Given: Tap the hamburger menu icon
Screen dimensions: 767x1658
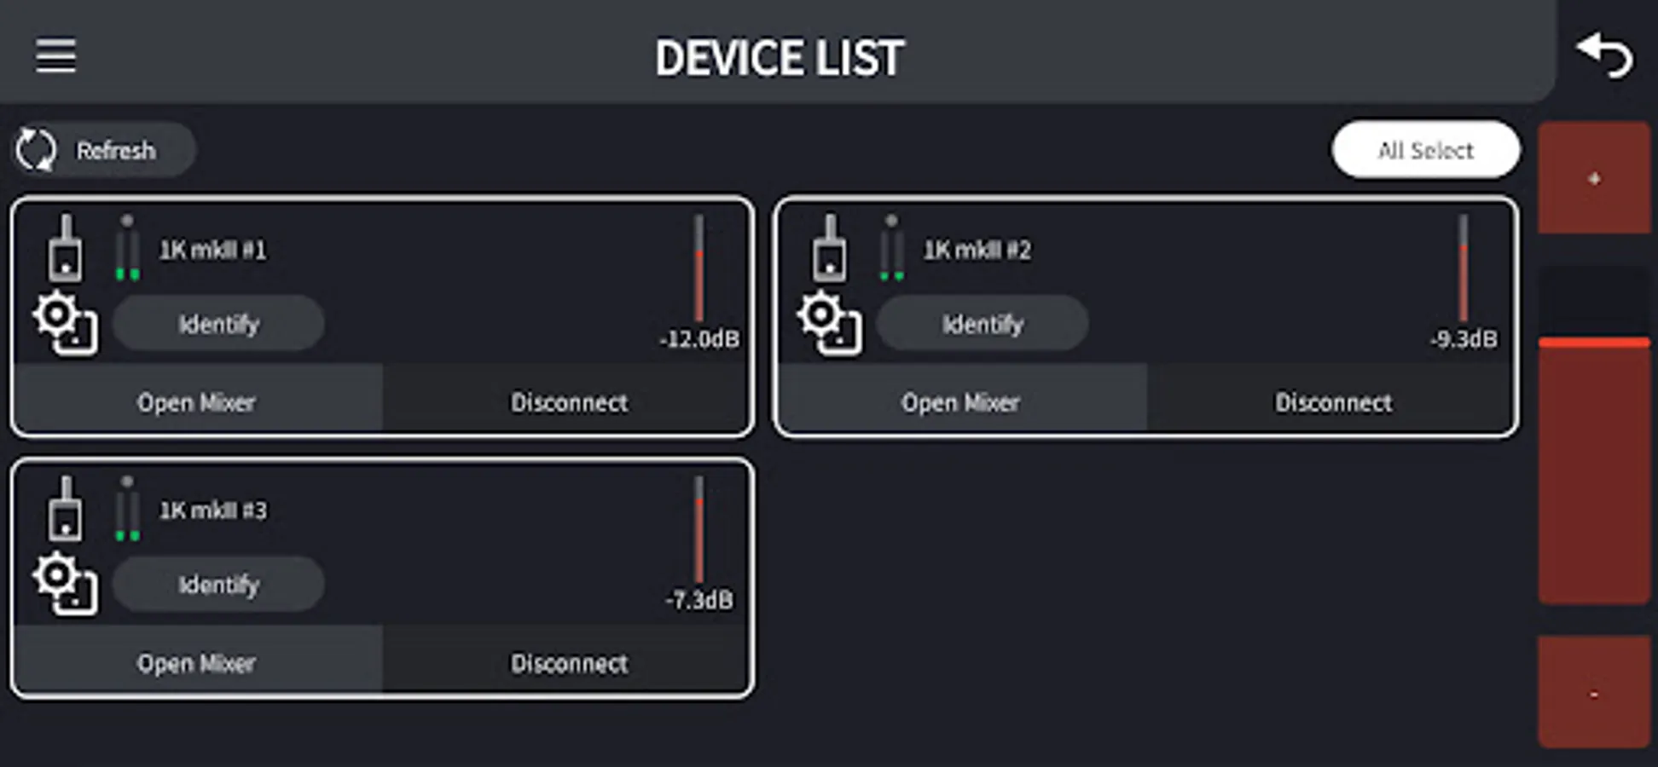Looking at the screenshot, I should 55,56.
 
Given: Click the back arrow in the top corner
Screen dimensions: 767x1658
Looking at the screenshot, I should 1604,56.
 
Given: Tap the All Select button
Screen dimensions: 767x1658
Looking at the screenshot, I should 1425,150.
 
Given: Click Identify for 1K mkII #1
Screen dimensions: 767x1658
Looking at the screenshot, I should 218,324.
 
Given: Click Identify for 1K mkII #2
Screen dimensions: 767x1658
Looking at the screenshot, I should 983,324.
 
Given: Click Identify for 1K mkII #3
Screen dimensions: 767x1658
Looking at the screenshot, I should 218,585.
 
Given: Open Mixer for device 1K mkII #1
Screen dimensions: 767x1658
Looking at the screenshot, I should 197,402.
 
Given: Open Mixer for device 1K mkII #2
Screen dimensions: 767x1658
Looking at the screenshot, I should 961,402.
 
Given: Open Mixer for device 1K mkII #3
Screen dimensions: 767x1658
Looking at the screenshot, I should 197,663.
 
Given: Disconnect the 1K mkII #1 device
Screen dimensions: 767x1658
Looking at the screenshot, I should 569,402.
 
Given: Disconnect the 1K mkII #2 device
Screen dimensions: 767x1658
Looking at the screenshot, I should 1333,402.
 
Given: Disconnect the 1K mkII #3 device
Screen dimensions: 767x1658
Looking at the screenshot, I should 569,663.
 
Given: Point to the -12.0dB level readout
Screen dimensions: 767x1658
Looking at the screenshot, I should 699,339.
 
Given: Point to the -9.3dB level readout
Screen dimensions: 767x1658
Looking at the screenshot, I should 1464,339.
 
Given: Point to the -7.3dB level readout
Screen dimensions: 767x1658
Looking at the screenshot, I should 699,600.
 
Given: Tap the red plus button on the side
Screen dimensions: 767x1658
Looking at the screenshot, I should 1593,178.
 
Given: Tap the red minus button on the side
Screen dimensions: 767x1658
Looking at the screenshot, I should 1593,693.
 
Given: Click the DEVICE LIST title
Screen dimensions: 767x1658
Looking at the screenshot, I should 779,58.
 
